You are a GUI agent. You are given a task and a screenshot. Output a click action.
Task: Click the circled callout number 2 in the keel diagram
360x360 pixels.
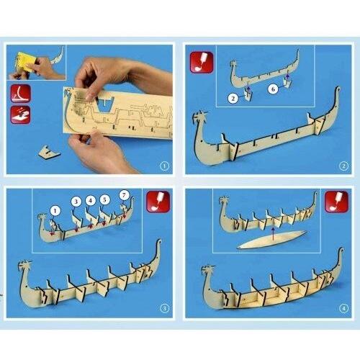[x=233, y=98]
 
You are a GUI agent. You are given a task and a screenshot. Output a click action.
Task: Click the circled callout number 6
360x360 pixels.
[x=273, y=89]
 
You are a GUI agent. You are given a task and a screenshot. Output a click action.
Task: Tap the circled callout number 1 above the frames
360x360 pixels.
[x=55, y=211]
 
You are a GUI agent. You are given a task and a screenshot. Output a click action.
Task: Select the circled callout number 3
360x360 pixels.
[x=76, y=202]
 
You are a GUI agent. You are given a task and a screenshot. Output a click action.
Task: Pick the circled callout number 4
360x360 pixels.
[x=90, y=200]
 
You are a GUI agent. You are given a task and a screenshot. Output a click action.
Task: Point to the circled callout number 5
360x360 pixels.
[x=104, y=199]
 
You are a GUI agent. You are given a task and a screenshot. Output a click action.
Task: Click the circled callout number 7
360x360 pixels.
[x=124, y=195]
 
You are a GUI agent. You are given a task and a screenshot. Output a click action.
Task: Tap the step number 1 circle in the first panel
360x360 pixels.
[x=164, y=166]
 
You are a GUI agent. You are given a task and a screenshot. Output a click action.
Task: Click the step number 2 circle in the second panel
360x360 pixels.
[x=343, y=166]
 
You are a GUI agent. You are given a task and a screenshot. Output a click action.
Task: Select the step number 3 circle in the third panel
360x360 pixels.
[x=164, y=308]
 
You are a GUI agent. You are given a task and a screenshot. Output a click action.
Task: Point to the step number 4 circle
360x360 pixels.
[x=343, y=308]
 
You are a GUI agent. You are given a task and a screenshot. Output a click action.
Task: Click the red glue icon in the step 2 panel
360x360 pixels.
[x=202, y=62]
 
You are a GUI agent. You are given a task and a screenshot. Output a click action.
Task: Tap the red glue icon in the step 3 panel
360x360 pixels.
[x=158, y=202]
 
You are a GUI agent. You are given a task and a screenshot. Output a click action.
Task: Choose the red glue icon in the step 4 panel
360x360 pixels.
[x=336, y=202]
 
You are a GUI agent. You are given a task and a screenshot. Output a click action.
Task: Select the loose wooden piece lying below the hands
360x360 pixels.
[x=49, y=152]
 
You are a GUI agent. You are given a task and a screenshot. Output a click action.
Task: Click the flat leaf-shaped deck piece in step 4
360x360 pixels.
[x=271, y=240]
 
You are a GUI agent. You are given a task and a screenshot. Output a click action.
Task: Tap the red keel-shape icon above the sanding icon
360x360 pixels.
[x=21, y=94]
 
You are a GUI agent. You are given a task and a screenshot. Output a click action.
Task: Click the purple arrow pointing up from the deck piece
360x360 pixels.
[x=273, y=234]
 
